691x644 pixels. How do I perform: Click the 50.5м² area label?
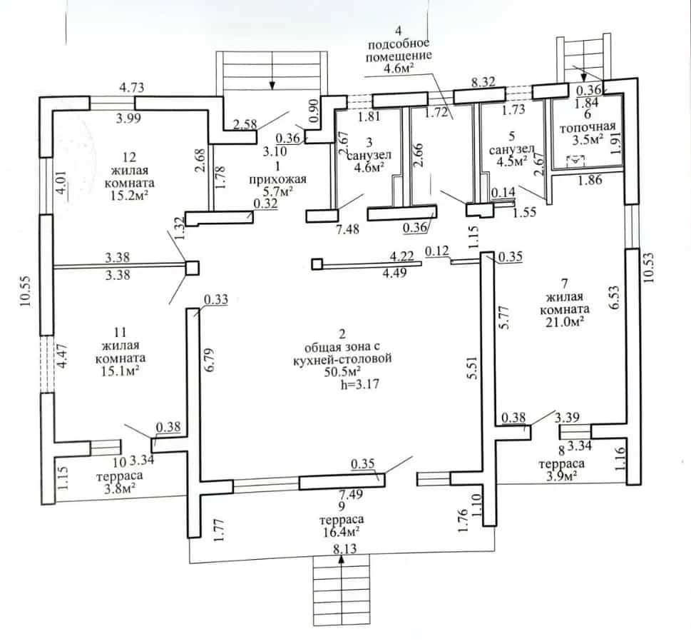click(x=343, y=371)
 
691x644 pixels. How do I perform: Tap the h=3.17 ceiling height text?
click(x=359, y=384)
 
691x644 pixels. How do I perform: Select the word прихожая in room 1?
click(x=277, y=179)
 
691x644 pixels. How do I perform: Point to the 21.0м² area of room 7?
click(x=565, y=322)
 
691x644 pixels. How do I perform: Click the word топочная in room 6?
click(x=588, y=127)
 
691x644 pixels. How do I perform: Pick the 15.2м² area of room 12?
click(x=129, y=196)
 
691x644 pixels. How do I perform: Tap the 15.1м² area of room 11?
click(x=121, y=371)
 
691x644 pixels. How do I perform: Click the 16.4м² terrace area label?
click(x=342, y=532)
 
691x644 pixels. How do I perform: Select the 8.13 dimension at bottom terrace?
click(x=344, y=549)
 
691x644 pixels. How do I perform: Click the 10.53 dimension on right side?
click(x=649, y=267)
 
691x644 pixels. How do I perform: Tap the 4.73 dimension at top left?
click(x=132, y=87)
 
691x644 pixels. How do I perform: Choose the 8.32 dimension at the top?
click(x=483, y=81)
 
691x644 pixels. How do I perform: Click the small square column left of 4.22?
click(x=317, y=264)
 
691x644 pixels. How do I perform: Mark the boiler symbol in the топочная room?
click(x=575, y=161)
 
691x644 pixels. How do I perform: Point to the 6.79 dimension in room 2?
click(x=210, y=360)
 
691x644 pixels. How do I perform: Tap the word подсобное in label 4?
click(x=399, y=44)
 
